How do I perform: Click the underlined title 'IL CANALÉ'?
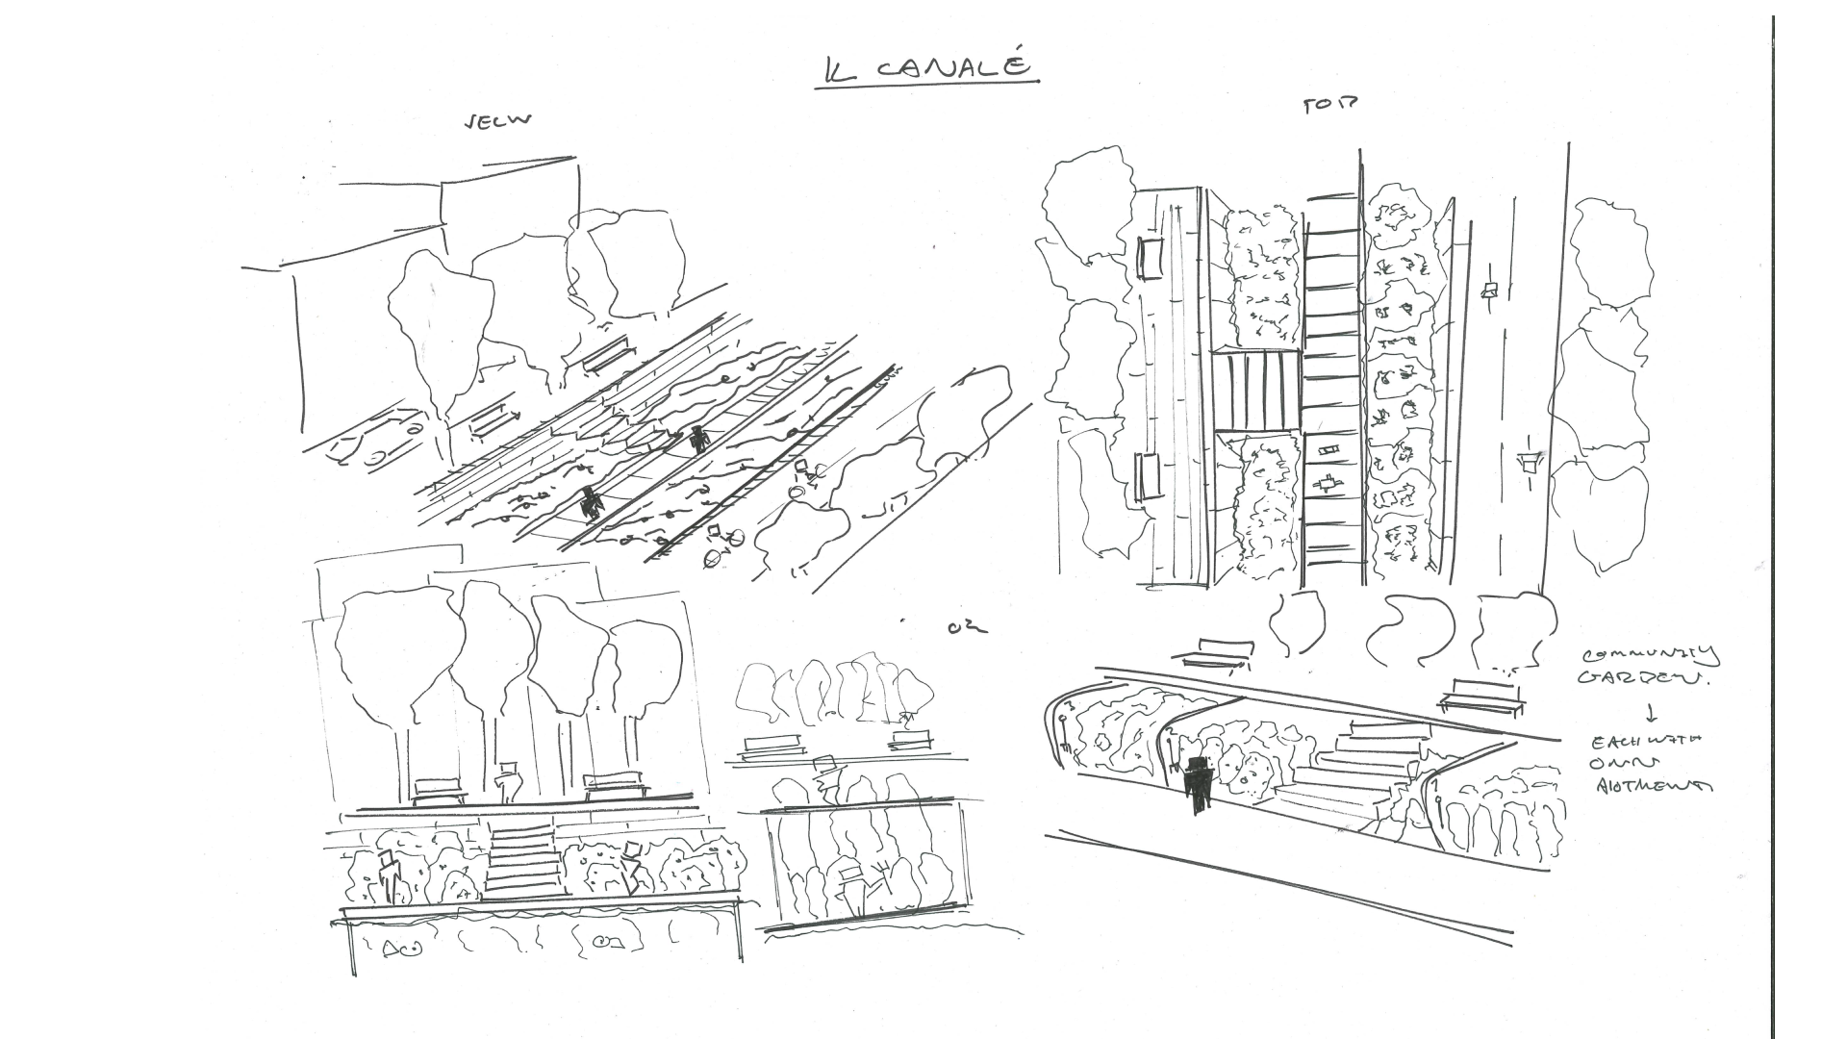pyautogui.click(x=927, y=68)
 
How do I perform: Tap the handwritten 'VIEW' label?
pyautogui.click(x=497, y=121)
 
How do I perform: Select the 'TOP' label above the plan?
pyautogui.click(x=1329, y=106)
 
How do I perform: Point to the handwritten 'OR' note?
pyautogui.click(x=967, y=628)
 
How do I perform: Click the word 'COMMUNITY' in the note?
pyautogui.click(x=1649, y=656)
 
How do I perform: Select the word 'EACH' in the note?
pyautogui.click(x=1611, y=742)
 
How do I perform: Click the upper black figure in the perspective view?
pyautogui.click(x=698, y=438)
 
